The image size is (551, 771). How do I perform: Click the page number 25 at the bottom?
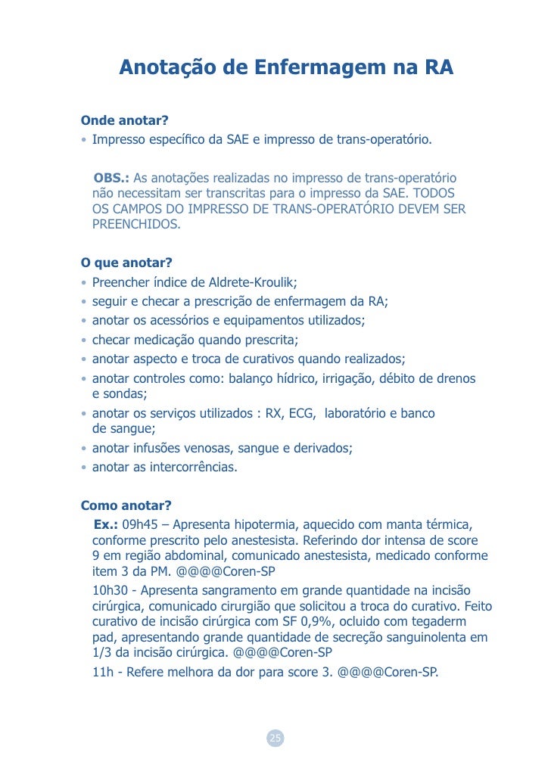pyautogui.click(x=275, y=738)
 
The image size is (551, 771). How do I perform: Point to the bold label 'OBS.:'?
pyautogui.click(x=111, y=179)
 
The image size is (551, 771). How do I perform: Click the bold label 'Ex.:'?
pyautogui.click(x=106, y=524)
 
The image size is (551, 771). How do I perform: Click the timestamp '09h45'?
pyautogui.click(x=139, y=524)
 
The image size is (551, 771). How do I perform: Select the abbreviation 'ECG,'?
pyautogui.click(x=302, y=414)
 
